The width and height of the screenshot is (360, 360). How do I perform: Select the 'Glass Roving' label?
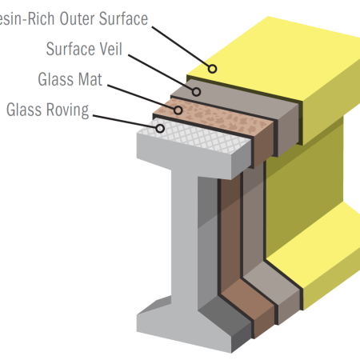point(47,110)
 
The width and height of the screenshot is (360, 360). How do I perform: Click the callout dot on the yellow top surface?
point(212,69)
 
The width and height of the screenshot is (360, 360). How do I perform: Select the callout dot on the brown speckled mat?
point(178,108)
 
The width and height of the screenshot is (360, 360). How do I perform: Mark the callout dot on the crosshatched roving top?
point(160,127)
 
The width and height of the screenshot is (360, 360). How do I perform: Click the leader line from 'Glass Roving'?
point(124,118)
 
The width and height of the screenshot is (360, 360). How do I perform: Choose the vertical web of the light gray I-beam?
point(196,240)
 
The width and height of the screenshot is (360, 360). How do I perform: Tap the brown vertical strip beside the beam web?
point(230,240)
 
